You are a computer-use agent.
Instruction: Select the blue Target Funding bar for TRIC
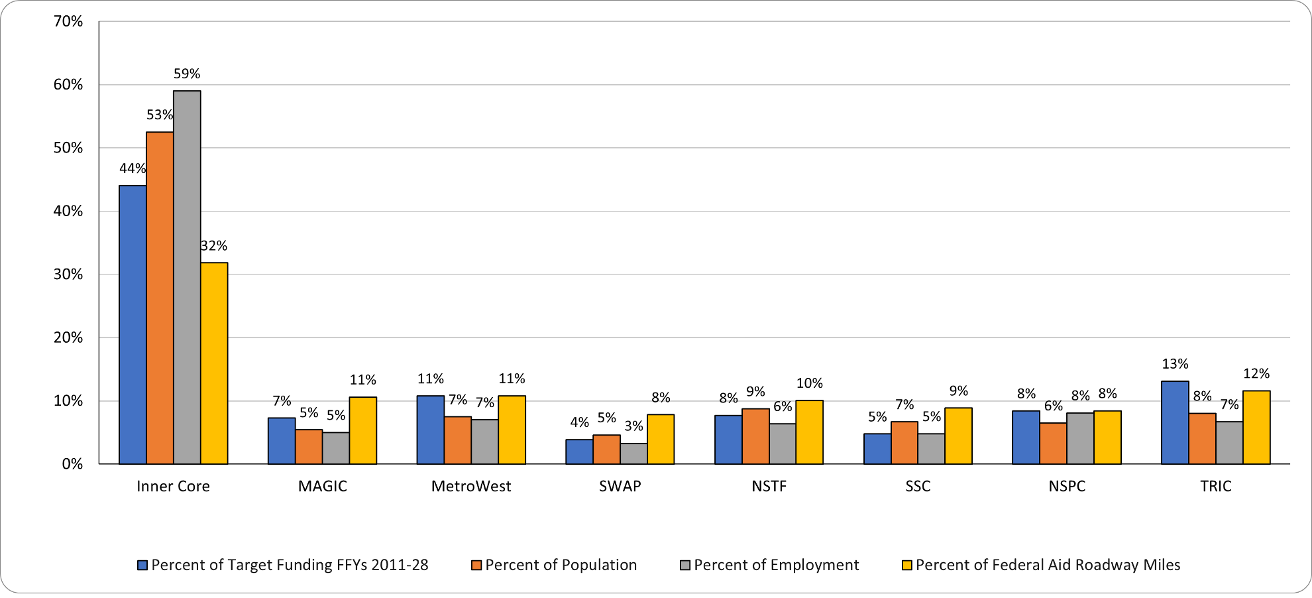(x=1175, y=422)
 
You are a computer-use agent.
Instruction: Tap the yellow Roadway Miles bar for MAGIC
(x=363, y=430)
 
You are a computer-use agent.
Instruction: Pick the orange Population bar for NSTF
(x=755, y=436)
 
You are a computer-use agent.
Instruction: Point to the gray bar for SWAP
(x=633, y=453)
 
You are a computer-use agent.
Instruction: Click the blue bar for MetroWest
(x=431, y=430)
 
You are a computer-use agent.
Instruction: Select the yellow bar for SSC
(x=958, y=436)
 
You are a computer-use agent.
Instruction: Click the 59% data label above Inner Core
(x=187, y=74)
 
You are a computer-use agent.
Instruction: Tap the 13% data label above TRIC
(x=1175, y=364)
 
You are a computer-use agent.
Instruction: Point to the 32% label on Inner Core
(x=214, y=246)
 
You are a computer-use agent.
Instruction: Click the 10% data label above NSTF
(x=809, y=383)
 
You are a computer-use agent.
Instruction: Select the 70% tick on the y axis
(x=68, y=22)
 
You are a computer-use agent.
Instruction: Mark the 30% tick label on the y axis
(x=68, y=274)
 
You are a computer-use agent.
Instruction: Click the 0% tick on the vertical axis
(x=72, y=464)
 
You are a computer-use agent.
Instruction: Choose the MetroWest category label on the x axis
(x=471, y=486)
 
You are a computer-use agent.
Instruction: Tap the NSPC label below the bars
(x=1067, y=486)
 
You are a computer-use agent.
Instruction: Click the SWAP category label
(x=620, y=486)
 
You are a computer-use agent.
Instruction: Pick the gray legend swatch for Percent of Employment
(x=686, y=566)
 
